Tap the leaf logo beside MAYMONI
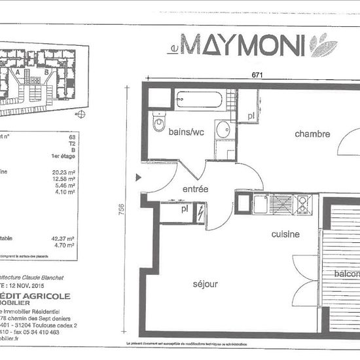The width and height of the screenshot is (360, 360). click(x=323, y=46)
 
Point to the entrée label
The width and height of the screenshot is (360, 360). click(x=194, y=189)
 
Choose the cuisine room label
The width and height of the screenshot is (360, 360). click(x=286, y=234)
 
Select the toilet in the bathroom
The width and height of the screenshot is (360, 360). click(x=160, y=122)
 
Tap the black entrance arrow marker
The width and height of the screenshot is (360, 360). click(x=138, y=177)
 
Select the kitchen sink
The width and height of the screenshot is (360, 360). click(x=261, y=204)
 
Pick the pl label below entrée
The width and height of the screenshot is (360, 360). click(x=183, y=211)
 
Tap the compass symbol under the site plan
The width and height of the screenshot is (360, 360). click(x=81, y=115)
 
